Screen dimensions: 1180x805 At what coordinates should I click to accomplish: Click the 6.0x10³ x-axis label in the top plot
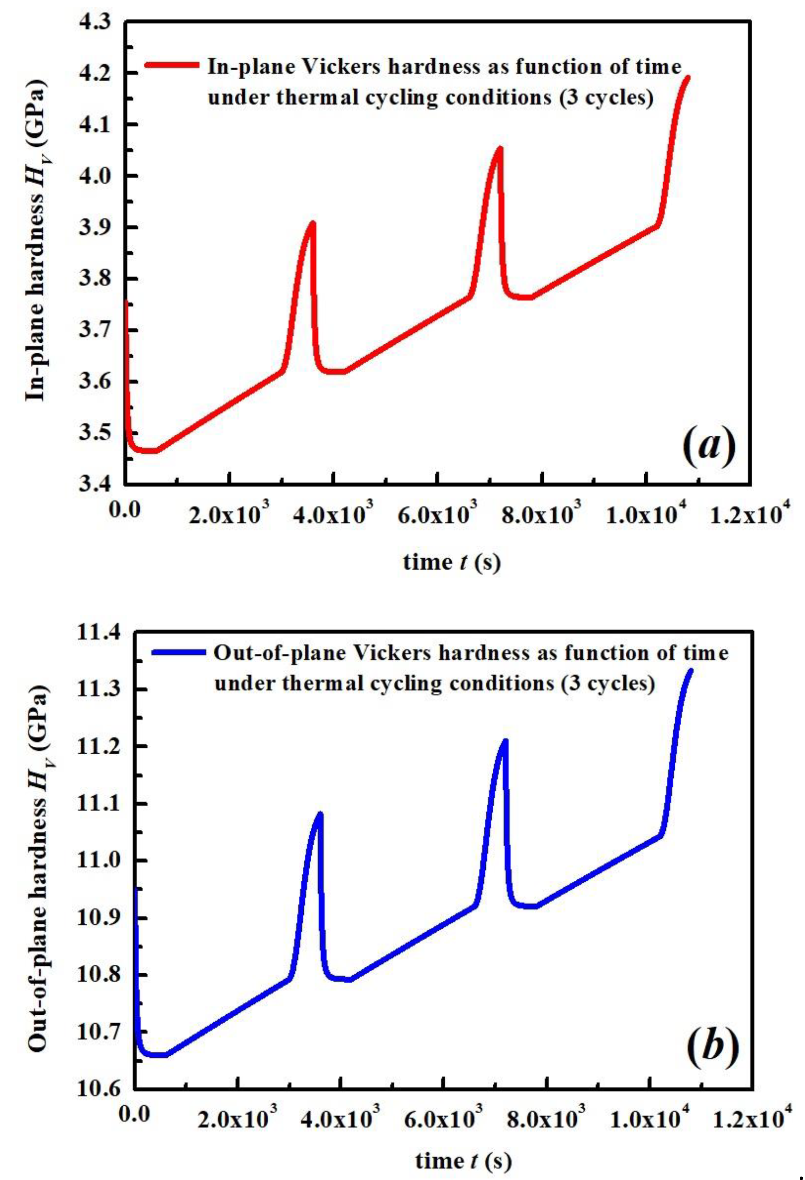pyautogui.click(x=438, y=514)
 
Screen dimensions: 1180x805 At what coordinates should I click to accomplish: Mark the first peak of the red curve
pyautogui.click(x=313, y=224)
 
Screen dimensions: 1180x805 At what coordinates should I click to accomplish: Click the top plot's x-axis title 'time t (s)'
pyautogui.click(x=452, y=562)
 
